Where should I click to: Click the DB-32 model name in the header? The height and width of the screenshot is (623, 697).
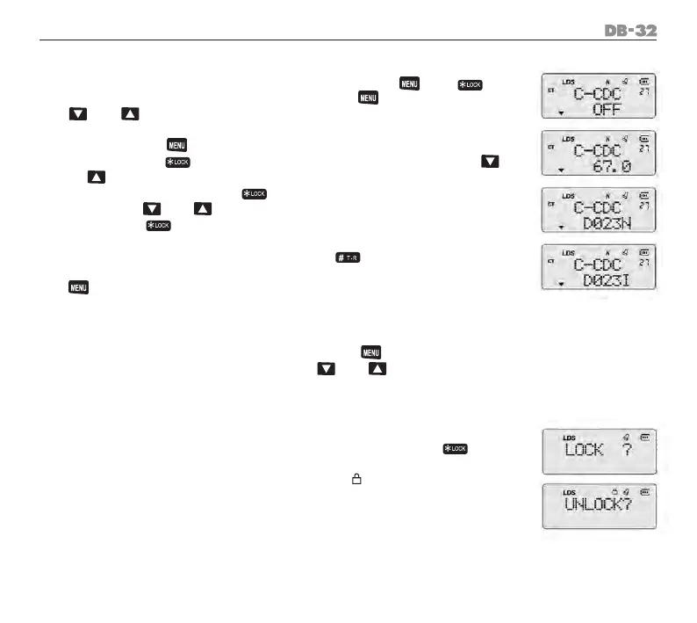click(630, 31)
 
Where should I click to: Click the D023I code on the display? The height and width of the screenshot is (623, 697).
click(607, 280)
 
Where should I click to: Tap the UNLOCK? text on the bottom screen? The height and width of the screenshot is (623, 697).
click(601, 510)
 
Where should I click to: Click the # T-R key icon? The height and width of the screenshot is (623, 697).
click(348, 256)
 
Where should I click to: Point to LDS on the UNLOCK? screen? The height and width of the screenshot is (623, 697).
click(568, 492)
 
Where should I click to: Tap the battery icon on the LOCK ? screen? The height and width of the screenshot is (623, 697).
click(646, 435)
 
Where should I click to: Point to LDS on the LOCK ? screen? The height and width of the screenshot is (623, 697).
click(568, 435)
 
